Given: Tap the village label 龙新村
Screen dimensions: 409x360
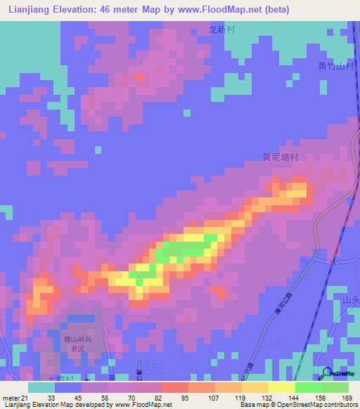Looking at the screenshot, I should pyautogui.click(x=221, y=30).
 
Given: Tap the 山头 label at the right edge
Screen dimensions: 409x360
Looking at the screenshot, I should pyautogui.click(x=350, y=301).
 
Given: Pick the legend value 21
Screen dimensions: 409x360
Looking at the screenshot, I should pyautogui.click(x=25, y=399).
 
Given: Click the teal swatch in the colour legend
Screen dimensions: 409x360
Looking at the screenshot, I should pyautogui.click(x=41, y=388).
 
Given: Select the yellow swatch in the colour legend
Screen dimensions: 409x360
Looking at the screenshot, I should pyautogui.click(x=282, y=388).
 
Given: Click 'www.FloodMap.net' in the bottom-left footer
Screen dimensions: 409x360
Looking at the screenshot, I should pyautogui.click(x=143, y=405).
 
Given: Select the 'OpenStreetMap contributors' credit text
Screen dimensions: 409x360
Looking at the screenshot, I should pyautogui.click(x=324, y=405).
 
